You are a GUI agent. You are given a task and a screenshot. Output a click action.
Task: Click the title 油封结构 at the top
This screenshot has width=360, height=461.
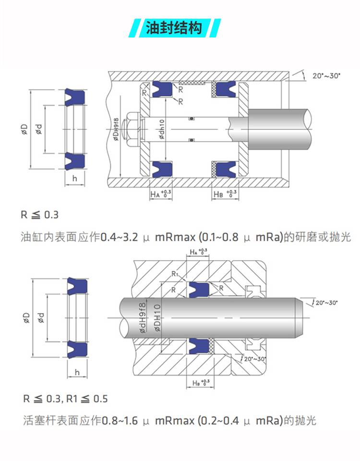pyautogui.click(x=177, y=28)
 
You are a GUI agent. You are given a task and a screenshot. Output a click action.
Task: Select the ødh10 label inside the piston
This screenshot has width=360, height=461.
pyautogui.click(x=162, y=129)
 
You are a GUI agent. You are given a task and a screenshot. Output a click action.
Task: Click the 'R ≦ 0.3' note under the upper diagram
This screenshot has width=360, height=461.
pyautogui.click(x=39, y=215)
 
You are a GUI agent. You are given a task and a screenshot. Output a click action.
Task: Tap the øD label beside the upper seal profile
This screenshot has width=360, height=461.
pyautogui.click(x=24, y=129)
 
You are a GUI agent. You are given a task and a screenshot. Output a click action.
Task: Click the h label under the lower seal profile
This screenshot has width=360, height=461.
pyautogui.click(x=76, y=372)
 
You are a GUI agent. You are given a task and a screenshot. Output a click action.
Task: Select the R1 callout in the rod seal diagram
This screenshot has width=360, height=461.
pyautogui.click(x=176, y=273)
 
